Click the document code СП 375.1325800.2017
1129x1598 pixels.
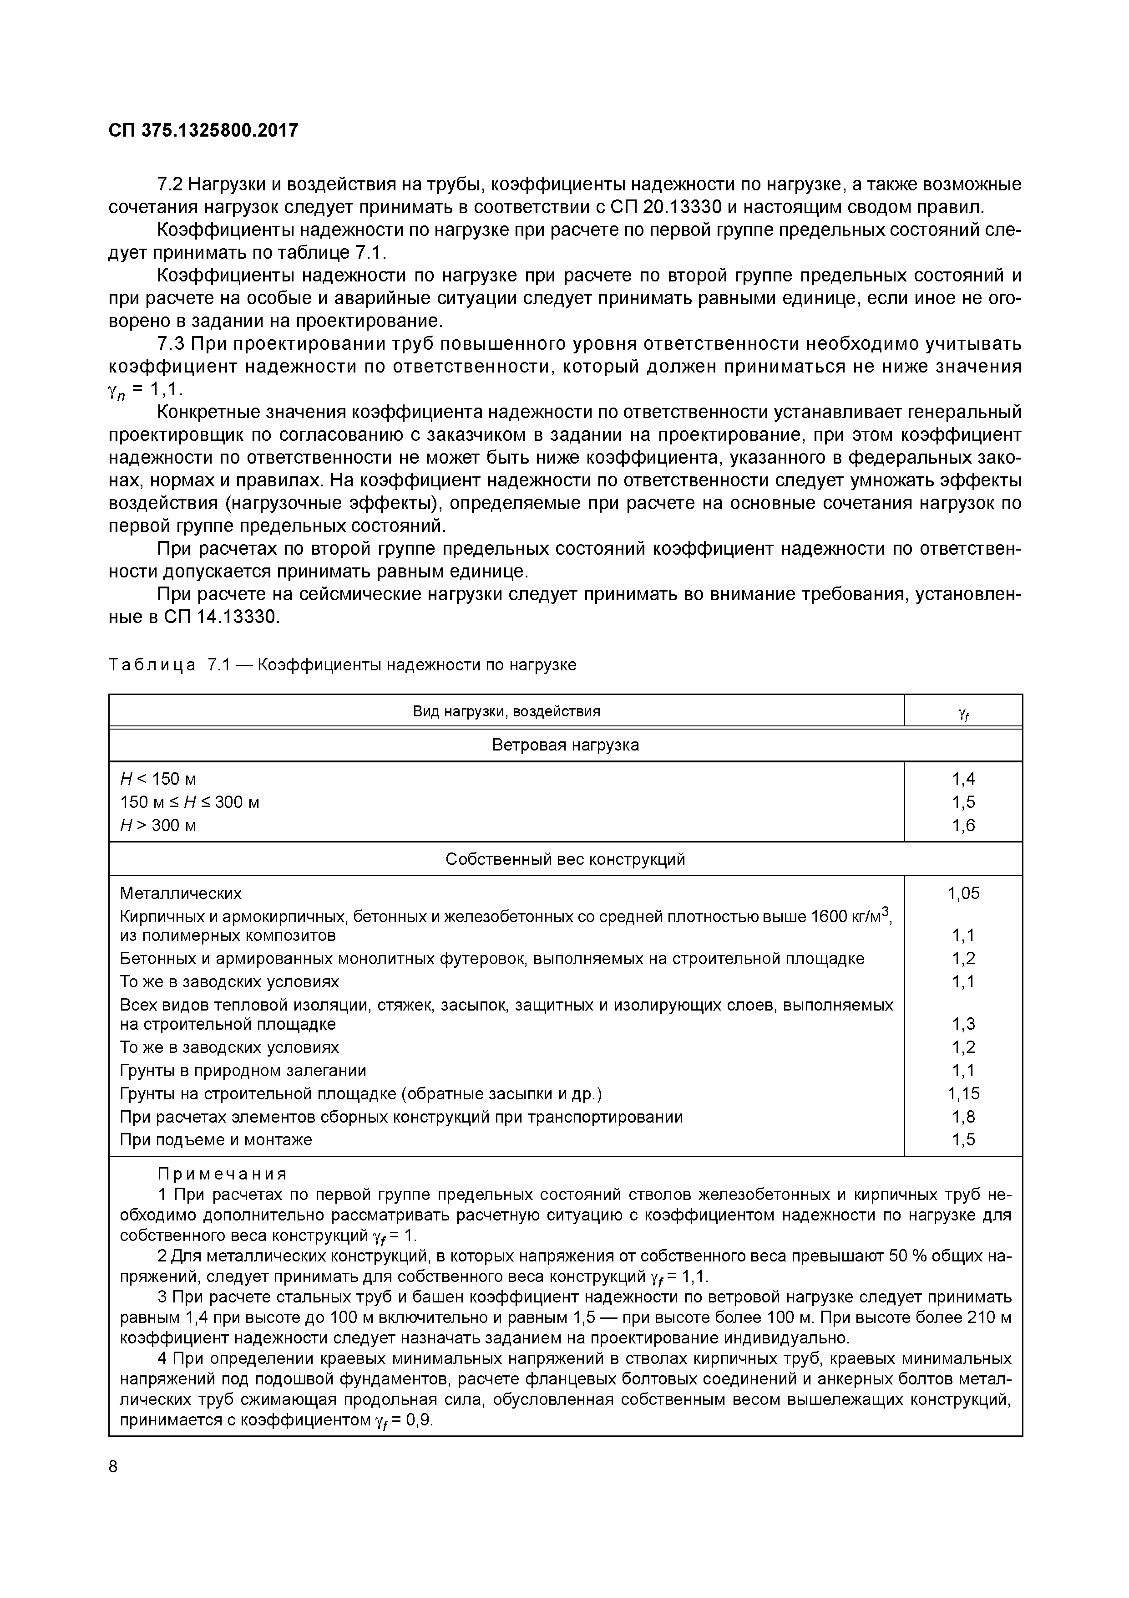click(x=203, y=130)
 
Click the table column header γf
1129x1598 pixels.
click(x=963, y=712)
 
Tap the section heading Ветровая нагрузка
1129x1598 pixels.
click(x=565, y=745)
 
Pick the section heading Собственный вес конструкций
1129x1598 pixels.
click(x=565, y=859)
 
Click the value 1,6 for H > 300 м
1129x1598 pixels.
click(x=963, y=826)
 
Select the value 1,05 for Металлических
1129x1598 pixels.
click(x=963, y=893)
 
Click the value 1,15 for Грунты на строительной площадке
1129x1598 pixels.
click(x=963, y=1093)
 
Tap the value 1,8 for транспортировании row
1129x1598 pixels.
click(x=963, y=1117)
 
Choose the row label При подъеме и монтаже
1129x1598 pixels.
click(x=216, y=1140)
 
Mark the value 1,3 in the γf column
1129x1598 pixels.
click(x=963, y=1024)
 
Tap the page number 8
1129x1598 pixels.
click(x=113, y=1466)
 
